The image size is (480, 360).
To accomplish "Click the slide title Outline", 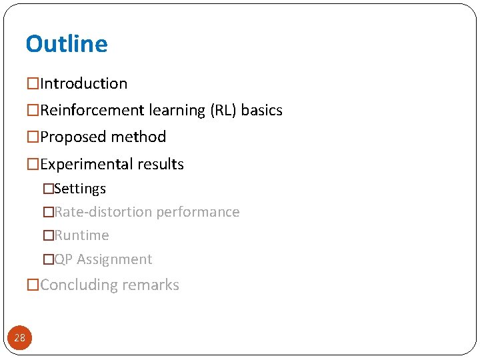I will [67, 44].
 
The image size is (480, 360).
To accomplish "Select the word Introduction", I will [84, 84].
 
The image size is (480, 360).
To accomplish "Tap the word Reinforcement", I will [89, 111].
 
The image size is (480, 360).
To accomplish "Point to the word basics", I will [262, 111].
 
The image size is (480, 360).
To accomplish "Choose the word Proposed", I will [69, 137].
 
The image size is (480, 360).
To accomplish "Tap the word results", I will [161, 165].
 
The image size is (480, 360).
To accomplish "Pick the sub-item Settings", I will [80, 189].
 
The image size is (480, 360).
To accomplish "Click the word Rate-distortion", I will [103, 213].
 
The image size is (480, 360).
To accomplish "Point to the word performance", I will [197, 213].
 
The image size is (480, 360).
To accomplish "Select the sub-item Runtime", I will [81, 236].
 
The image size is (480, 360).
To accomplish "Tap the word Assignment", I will [115, 260].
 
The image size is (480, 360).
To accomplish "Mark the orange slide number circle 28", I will [20, 338].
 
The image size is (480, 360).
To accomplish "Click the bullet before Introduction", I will [33, 84].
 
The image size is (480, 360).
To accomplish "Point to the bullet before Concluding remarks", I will [33, 285].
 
